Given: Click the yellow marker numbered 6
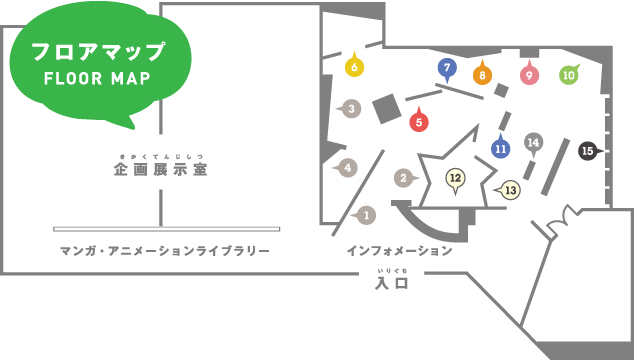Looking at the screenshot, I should (354, 68).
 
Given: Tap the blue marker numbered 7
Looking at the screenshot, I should (447, 68).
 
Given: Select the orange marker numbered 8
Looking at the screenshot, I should (481, 74).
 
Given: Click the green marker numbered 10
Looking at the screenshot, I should (568, 74).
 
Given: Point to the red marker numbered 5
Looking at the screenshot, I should (419, 122).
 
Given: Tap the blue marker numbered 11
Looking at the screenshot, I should (501, 149).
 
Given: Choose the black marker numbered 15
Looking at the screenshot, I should (587, 150).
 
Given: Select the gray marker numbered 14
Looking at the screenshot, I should (533, 142).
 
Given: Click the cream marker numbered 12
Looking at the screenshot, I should (455, 179).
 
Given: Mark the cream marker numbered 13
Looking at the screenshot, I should (510, 189).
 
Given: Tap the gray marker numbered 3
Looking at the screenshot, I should (351, 108).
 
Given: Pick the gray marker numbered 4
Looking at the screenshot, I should (348, 167).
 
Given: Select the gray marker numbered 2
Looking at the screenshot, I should (403, 178).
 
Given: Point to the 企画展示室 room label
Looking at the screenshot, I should (160, 170).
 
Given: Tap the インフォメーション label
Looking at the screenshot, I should (399, 250).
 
